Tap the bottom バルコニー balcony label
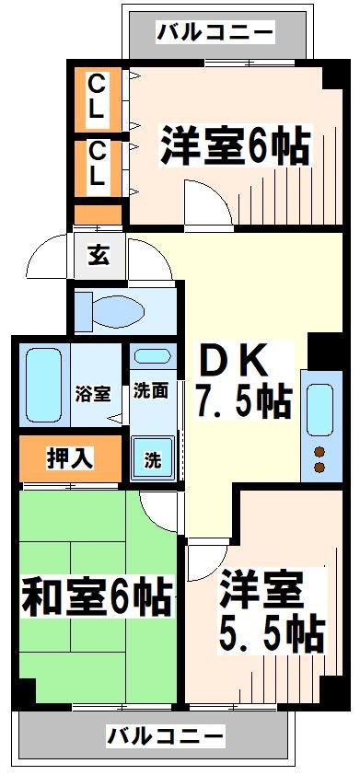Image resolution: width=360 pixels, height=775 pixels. click(165, 736)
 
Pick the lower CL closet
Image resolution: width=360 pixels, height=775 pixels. click(97, 166)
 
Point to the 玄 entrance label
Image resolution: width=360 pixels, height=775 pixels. click(99, 255)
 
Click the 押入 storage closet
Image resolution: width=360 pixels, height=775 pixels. click(70, 457)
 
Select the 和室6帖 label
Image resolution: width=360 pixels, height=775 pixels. click(97, 596)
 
